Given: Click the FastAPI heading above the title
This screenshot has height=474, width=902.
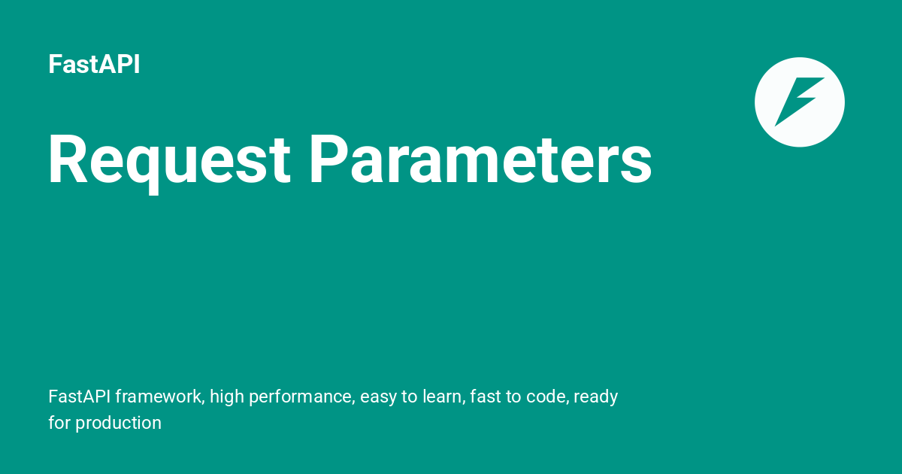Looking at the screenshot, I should click(x=94, y=65).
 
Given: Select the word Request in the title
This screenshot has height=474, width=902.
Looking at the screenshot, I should click(x=169, y=160).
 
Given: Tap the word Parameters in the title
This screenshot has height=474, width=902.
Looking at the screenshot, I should click(x=480, y=160).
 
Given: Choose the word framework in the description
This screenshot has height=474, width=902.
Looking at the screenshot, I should click(x=159, y=397).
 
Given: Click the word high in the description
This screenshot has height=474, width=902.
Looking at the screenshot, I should click(x=225, y=397).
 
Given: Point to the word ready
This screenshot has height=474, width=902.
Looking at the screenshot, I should click(x=596, y=397).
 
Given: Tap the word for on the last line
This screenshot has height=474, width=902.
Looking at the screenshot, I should click(x=59, y=423).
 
